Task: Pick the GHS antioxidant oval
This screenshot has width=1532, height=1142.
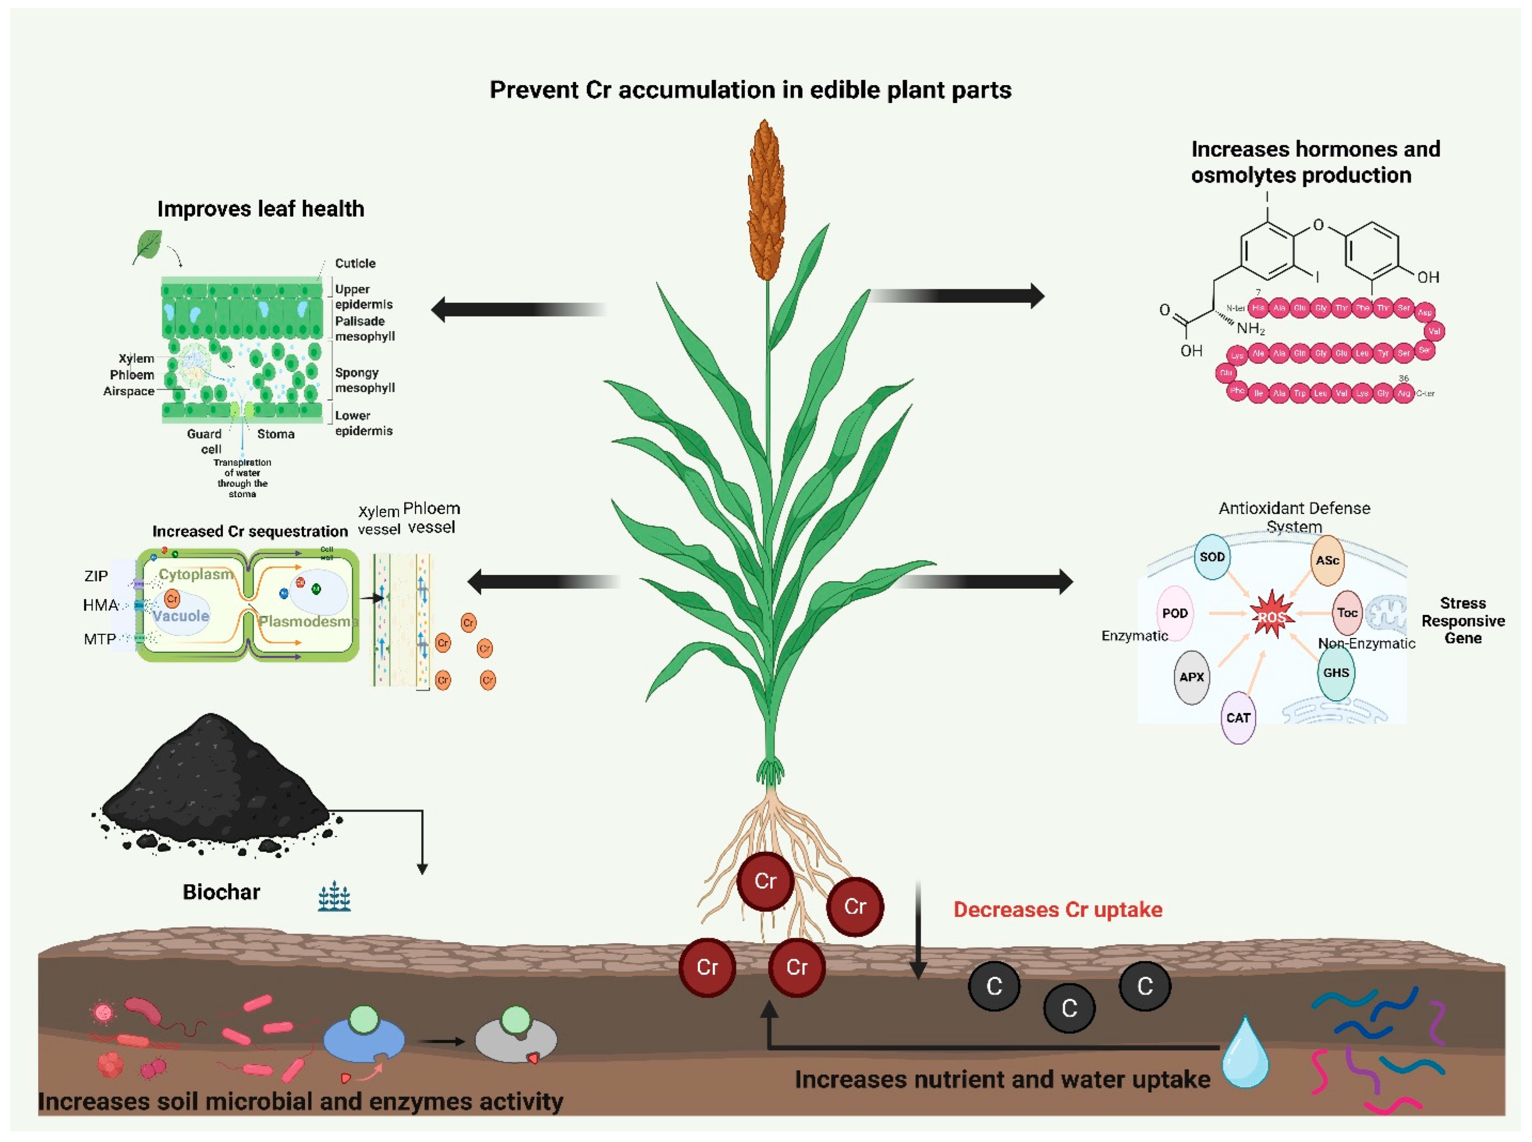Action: click(1336, 673)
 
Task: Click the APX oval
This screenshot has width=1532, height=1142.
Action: click(1192, 677)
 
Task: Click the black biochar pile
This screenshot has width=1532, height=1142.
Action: click(214, 781)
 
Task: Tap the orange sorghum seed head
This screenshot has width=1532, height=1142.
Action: click(766, 200)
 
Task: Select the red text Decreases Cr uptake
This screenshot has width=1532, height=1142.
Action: click(1057, 910)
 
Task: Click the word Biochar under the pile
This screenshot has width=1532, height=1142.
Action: click(221, 892)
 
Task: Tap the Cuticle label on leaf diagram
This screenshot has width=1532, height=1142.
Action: click(355, 263)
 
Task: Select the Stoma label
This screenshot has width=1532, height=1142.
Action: click(276, 434)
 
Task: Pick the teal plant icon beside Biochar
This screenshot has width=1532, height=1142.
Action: click(335, 897)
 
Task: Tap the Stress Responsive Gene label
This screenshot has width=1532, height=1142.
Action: click(1462, 621)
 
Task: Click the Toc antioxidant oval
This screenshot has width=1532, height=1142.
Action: click(1347, 612)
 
